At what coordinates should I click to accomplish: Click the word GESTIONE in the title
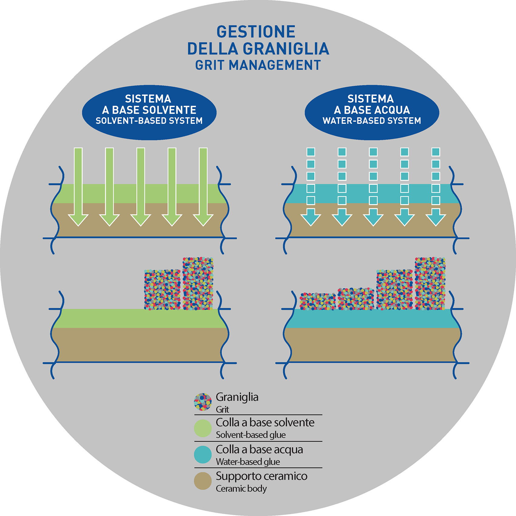(x=256, y=32)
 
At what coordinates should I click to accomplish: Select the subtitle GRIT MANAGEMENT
(x=258, y=65)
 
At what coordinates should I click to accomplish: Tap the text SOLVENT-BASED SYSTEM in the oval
(x=149, y=121)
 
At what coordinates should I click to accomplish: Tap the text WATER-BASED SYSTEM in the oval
(x=372, y=121)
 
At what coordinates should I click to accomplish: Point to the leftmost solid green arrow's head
(x=78, y=219)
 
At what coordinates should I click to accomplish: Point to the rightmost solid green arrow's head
(x=203, y=219)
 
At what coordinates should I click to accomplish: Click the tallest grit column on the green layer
(x=198, y=284)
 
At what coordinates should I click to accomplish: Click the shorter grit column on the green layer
(x=162, y=290)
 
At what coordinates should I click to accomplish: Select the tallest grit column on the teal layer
(x=430, y=284)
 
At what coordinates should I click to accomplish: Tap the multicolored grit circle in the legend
(x=203, y=402)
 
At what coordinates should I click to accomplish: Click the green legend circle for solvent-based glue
(x=203, y=428)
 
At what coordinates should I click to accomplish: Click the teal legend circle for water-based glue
(x=203, y=454)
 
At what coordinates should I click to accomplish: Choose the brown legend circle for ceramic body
(x=203, y=481)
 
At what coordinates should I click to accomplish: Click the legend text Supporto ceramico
(x=261, y=476)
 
